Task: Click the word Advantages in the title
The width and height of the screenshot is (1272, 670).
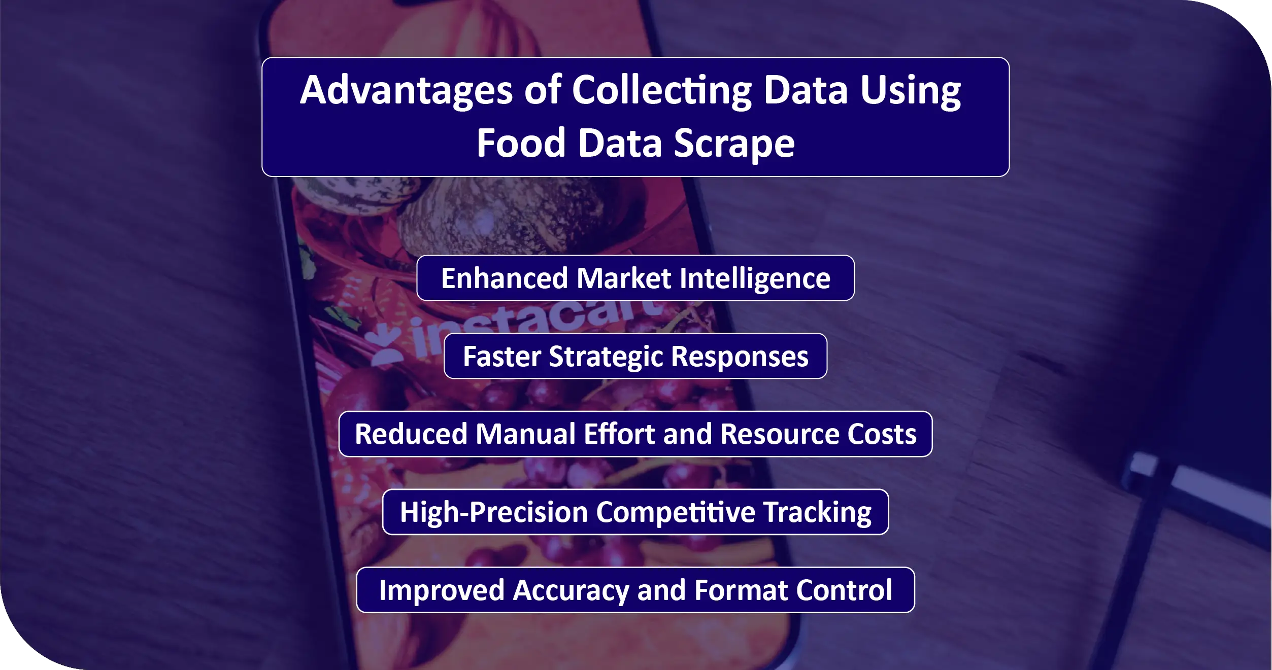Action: click(x=406, y=91)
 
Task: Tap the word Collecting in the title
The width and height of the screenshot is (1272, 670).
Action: click(x=662, y=91)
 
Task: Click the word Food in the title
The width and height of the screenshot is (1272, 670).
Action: click(x=521, y=143)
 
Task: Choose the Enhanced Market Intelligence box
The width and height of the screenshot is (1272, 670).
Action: click(x=635, y=278)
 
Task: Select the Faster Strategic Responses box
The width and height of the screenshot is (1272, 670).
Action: click(x=635, y=356)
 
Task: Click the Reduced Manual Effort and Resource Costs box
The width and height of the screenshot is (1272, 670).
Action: click(x=635, y=434)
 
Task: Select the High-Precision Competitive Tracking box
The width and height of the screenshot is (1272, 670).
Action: click(x=635, y=512)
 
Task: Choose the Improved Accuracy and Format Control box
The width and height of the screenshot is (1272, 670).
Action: click(x=635, y=590)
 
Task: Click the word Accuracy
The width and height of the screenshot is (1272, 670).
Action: click(x=571, y=591)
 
